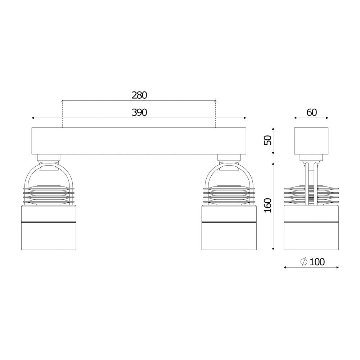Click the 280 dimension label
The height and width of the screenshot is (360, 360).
[139, 95]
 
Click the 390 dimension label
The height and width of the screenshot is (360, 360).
[139, 112]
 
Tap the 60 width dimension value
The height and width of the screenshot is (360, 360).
[311, 112]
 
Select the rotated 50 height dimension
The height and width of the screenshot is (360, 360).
[268, 140]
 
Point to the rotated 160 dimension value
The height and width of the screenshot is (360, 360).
[268, 206]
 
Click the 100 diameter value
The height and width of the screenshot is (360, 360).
[317, 262]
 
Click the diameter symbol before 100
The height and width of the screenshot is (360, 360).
[303, 262]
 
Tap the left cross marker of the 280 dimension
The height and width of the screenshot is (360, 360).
[62, 100]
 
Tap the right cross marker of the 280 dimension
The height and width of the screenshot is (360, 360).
[215, 100]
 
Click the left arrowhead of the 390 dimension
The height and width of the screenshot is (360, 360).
[33, 118]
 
